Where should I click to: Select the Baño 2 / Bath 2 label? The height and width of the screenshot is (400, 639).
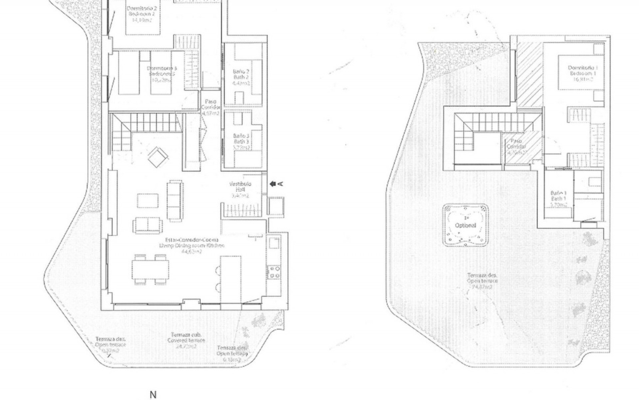coord(241,77)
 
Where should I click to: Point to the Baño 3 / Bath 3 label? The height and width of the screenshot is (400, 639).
coord(241,141)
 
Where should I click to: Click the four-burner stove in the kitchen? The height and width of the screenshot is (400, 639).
coord(275,272)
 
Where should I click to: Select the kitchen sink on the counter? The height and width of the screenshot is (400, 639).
coord(274,243)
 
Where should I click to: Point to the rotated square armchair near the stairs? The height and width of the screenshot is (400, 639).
coord(158,157)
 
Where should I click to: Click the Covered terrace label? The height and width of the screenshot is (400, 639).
coord(186,340)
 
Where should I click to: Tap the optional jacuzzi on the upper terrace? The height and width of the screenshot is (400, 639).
coord(465,225)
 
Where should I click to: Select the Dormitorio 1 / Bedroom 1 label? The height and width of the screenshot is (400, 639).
coord(582,73)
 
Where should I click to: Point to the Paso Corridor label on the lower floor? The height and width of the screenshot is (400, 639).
coord(210,107)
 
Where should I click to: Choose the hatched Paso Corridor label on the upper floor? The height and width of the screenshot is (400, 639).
coord(516,147)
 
